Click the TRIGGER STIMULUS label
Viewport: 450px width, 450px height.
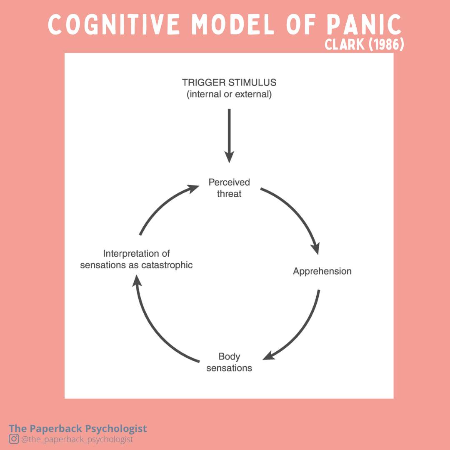click(229, 82)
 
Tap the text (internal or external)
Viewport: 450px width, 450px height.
click(229, 94)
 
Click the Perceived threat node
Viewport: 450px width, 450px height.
click(229, 188)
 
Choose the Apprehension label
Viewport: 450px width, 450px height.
click(322, 271)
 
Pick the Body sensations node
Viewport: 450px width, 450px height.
click(229, 362)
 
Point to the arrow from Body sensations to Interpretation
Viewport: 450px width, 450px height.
click(156, 329)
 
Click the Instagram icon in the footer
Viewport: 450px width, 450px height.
click(14, 439)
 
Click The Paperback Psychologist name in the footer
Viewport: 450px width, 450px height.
click(78, 428)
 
